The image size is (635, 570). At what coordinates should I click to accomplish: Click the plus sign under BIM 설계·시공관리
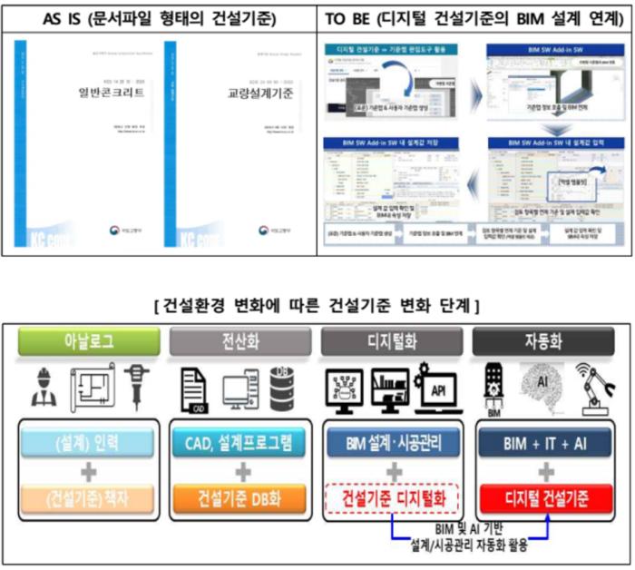[x=392, y=471]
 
